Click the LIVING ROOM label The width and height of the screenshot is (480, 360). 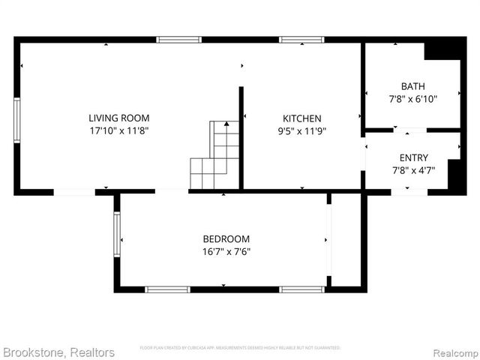pos(118,118)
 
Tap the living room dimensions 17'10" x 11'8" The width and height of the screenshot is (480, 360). pos(118,130)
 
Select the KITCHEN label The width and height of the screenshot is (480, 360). pos(301,118)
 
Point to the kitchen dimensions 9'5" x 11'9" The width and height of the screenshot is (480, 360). pos(301,130)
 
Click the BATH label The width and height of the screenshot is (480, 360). pos(412,86)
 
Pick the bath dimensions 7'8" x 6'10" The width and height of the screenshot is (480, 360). pos(412,98)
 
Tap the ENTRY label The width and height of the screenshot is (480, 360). pos(413,157)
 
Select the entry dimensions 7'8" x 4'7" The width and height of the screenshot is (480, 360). pos(413,169)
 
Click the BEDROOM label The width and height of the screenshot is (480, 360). pos(226,239)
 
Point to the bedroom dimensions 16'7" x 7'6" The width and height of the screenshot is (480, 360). pos(226,252)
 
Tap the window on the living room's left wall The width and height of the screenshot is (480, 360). pos(16,120)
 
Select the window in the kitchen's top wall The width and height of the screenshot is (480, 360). pos(301,39)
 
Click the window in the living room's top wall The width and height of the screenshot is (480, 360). pos(178,39)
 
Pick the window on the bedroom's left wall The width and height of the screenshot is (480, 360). pos(116,235)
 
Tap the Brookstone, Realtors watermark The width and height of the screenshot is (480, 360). pos(58,352)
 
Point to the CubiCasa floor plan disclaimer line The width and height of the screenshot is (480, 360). pos(240,348)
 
